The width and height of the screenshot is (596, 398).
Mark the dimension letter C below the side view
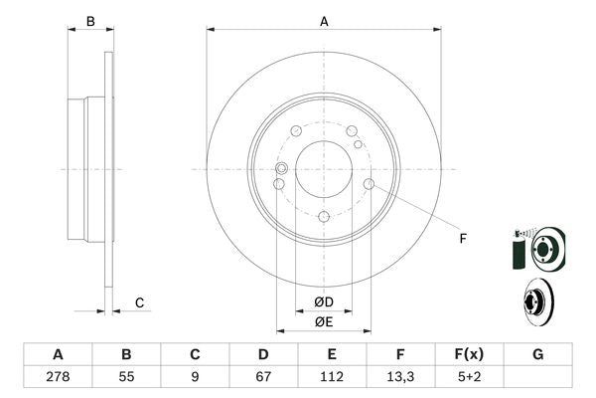140,301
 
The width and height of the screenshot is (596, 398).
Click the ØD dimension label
323,301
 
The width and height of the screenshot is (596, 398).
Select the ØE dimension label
323,320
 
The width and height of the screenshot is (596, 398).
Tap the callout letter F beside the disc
462,238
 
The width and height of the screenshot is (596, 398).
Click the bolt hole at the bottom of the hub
323,217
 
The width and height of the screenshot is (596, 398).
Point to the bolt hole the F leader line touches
369,184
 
